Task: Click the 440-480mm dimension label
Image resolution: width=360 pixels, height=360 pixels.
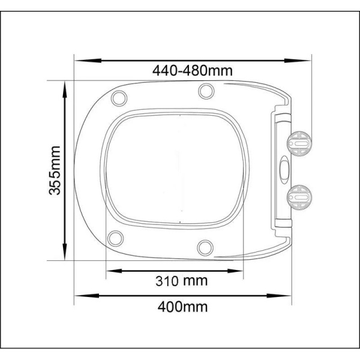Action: pyautogui.click(x=193, y=70)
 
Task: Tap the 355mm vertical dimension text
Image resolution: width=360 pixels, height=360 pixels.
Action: pyautogui.click(x=55, y=170)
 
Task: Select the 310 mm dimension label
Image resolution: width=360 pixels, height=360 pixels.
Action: pyautogui.click(x=181, y=281)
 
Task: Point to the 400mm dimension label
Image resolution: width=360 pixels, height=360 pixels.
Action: pyautogui.click(x=182, y=307)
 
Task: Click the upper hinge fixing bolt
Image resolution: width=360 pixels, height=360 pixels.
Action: pyautogui.click(x=299, y=143)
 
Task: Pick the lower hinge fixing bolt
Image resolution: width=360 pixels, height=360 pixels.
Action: pyautogui.click(x=299, y=197)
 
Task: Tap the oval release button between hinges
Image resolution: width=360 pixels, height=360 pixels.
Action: pyautogui.click(x=284, y=170)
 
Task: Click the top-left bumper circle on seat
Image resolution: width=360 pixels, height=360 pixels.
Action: pyautogui.click(x=119, y=98)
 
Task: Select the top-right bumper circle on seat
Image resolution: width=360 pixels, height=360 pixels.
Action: pyautogui.click(x=206, y=91)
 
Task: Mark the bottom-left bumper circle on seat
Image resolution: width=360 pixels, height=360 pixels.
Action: pyautogui.click(x=115, y=238)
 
